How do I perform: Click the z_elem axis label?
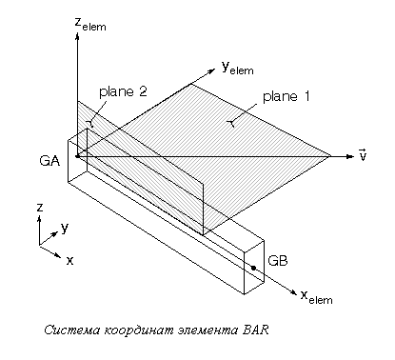click(x=90, y=24)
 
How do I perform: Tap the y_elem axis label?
click(x=238, y=68)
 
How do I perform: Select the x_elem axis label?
click(x=316, y=297)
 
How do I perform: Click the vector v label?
click(x=363, y=154)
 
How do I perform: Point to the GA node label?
click(x=49, y=161)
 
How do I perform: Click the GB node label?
click(x=278, y=261)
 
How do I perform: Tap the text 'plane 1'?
click(x=286, y=96)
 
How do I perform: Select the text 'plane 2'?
click(x=123, y=91)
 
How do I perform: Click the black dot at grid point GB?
click(x=253, y=268)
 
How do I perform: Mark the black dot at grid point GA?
click(x=77, y=156)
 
